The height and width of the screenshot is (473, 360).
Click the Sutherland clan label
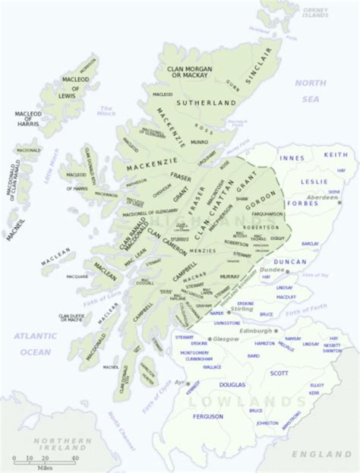point(206,103)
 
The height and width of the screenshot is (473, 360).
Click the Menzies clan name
point(202,250)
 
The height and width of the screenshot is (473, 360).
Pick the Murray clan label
point(229,276)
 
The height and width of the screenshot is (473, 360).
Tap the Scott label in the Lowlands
point(279,373)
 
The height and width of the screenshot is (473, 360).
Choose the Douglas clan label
point(232,385)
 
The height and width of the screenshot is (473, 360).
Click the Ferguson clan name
point(208,416)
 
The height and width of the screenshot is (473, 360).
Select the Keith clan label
point(335,155)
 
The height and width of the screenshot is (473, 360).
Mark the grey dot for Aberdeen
point(339,202)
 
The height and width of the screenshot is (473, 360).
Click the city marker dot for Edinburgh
point(275,331)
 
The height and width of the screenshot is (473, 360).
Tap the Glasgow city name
point(226,338)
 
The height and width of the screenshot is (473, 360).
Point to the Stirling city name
point(242,309)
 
